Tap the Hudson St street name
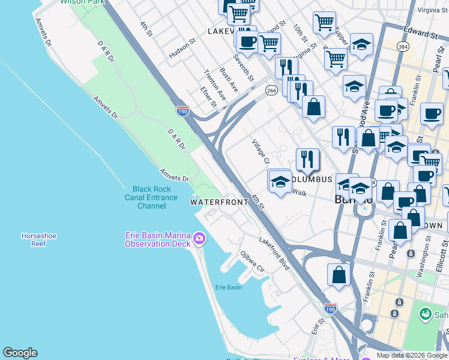[x=182, y=49]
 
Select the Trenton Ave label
[x=214, y=85]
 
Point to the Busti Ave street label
[x=229, y=80]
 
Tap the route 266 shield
[x=271, y=91]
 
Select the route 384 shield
[x=402, y=46]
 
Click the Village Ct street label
[x=261, y=152]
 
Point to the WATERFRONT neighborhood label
[x=219, y=202]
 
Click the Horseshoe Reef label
[x=38, y=240]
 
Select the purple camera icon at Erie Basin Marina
[x=199, y=239]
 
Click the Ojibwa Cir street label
[x=253, y=261]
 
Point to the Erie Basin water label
[x=229, y=287]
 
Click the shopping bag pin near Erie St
[x=339, y=274]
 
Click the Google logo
[x=20, y=353]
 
